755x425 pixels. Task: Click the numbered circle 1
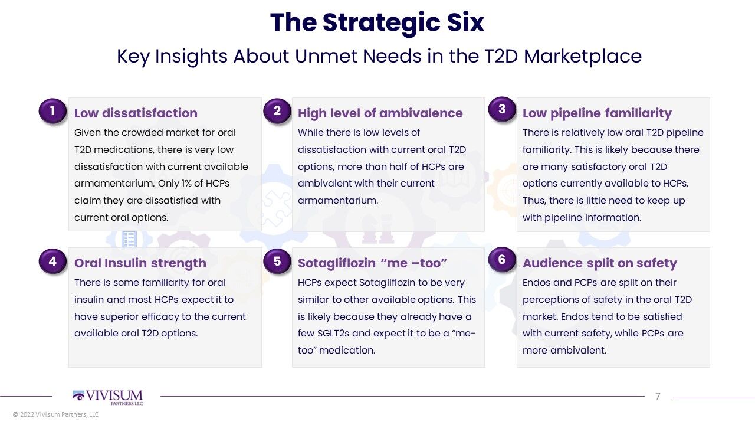point(52,110)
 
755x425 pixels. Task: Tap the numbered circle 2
point(277,110)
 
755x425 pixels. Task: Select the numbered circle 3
point(502,109)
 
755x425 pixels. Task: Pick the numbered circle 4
point(52,261)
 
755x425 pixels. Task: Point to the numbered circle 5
point(277,261)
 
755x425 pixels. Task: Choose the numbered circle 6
point(502,259)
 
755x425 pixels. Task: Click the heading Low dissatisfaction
point(136,113)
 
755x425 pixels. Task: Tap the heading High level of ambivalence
point(380,113)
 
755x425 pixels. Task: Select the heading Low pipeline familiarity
point(597,113)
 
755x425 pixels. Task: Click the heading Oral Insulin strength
point(140,263)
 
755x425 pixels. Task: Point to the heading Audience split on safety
point(600,263)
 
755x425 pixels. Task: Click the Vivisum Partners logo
point(107,397)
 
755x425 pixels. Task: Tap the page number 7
point(658,396)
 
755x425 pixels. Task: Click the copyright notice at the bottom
point(55,414)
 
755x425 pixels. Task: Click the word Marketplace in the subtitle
point(582,56)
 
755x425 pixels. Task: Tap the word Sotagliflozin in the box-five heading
point(337,263)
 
